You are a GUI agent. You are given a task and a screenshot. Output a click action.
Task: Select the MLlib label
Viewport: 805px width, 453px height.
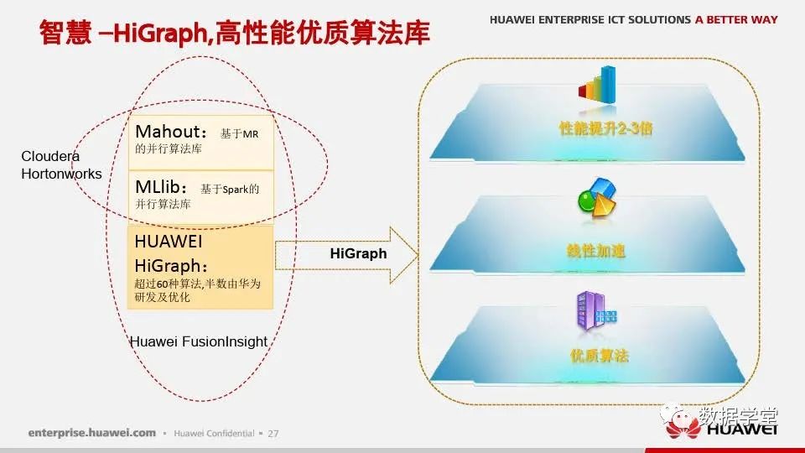click(x=158, y=187)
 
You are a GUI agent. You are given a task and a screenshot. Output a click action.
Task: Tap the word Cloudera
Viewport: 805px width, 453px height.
click(x=50, y=156)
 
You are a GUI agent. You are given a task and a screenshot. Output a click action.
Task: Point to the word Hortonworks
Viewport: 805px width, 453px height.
click(x=61, y=174)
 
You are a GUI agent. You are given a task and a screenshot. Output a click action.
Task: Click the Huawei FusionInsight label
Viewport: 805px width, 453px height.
click(x=199, y=341)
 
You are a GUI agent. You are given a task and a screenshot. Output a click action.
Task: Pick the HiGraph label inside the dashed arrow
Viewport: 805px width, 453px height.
click(x=358, y=253)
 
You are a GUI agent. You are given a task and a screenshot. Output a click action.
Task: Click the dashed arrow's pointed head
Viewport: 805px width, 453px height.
click(x=418, y=255)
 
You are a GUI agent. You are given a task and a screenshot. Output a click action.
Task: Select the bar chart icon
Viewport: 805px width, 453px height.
click(x=597, y=86)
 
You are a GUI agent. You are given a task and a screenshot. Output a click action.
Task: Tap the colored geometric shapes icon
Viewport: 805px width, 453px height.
click(x=596, y=197)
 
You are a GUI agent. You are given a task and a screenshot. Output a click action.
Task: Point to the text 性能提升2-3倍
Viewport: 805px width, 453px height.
click(x=605, y=128)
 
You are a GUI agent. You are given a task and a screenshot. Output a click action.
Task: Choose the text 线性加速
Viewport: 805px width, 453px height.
click(x=596, y=251)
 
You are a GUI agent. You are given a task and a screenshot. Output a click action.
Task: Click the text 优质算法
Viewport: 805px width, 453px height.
click(x=599, y=356)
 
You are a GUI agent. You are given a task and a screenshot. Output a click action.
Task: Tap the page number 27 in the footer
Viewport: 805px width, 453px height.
click(x=273, y=434)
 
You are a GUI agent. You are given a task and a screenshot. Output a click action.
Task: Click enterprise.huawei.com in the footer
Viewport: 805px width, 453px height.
click(x=92, y=433)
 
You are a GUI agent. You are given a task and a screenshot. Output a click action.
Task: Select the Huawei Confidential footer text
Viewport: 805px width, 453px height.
click(x=214, y=434)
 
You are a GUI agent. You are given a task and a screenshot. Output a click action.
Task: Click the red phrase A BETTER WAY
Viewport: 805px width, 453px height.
click(x=736, y=19)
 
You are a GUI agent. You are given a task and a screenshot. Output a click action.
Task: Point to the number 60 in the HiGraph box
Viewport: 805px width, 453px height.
click(x=163, y=284)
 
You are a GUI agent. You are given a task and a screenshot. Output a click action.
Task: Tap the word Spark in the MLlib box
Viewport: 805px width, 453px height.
click(x=236, y=190)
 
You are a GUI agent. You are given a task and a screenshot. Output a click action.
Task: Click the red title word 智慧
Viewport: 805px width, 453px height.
click(x=65, y=33)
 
